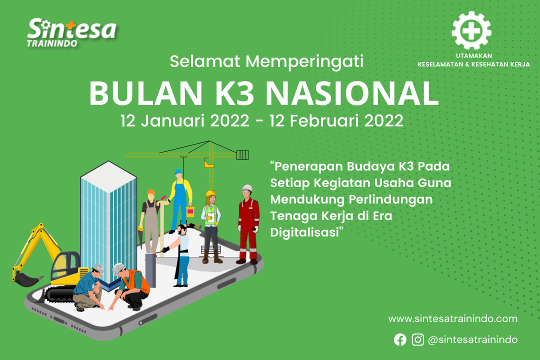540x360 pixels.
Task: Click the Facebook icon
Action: tap(400, 339)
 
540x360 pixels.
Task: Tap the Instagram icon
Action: tap(417, 339)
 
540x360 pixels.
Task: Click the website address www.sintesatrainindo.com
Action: tap(453, 318)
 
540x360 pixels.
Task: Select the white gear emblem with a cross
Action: tap(471, 30)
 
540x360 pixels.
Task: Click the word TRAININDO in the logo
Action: tap(52, 43)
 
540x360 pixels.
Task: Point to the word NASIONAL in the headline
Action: tap(352, 93)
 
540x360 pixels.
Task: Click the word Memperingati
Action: tap(304, 61)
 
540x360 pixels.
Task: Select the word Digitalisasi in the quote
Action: tap(305, 232)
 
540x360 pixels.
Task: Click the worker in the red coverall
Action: tap(248, 224)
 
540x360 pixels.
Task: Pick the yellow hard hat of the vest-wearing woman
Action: tap(210, 193)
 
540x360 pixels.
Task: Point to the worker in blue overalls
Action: tap(180, 201)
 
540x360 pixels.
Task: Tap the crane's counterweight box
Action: tap(242, 155)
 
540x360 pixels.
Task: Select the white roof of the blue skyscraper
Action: tap(108, 176)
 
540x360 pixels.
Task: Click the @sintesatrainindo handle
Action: tap(472, 339)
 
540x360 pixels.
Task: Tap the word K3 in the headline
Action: tap(234, 93)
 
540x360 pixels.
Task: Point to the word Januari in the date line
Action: tap(195, 121)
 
